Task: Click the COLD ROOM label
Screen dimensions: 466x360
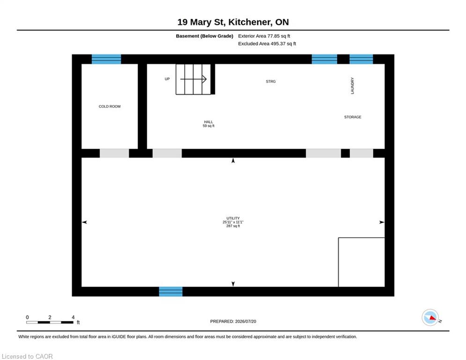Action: [110, 106]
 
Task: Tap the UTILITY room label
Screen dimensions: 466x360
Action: [233, 218]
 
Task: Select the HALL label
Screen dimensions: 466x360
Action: [208, 122]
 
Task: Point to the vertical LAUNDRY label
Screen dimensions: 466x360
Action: [353, 86]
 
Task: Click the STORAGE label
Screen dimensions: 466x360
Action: [353, 117]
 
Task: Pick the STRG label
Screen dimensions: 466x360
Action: [271, 82]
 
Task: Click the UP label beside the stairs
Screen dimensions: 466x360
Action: [167, 79]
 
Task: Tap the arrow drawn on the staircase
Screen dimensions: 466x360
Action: [193, 79]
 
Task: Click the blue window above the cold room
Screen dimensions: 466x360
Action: [106, 59]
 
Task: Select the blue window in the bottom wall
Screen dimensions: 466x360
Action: [170, 292]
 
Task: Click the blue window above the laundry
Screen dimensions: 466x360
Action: [361, 59]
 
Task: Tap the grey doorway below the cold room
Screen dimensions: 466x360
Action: [114, 154]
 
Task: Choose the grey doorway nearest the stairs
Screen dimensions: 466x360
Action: [167, 154]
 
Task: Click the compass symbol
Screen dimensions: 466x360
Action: [430, 317]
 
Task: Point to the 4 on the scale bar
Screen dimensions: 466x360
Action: [73, 317]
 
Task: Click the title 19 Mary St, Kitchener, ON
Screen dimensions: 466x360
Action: [233, 22]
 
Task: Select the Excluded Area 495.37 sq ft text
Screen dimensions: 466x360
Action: [267, 44]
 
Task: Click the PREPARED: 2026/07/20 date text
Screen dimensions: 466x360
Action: [233, 321]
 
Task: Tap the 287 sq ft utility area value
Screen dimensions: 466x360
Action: [233, 226]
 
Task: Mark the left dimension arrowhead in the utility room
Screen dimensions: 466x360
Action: [84, 222]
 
